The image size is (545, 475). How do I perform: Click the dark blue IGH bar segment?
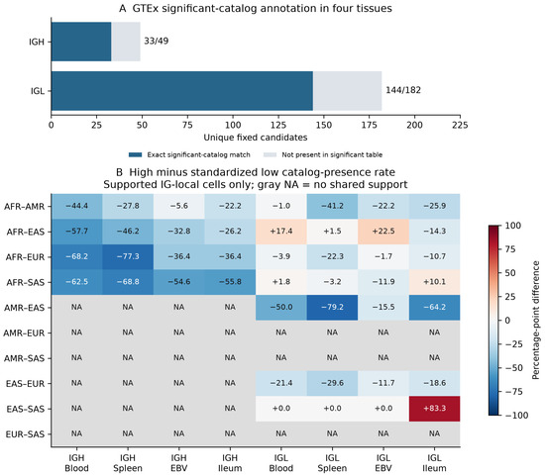(81, 42)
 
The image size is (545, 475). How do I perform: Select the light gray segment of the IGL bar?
(347, 91)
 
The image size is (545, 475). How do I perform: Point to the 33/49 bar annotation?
(156, 41)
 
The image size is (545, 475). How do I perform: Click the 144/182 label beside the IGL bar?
(403, 90)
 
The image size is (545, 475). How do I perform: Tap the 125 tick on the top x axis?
(278, 125)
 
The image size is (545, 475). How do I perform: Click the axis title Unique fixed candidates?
(256, 138)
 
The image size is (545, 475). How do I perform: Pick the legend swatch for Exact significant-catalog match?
(135, 154)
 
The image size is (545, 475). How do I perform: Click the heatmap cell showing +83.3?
(434, 409)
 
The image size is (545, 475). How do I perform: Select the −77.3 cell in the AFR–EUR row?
(128, 257)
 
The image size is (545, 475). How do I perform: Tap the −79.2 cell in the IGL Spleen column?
(332, 308)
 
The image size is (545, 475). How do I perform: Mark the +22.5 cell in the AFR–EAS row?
(383, 232)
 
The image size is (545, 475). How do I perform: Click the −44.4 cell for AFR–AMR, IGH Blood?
(77, 206)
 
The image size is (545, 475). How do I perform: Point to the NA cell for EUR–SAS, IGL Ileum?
(434, 434)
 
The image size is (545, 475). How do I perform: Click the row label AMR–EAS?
(25, 308)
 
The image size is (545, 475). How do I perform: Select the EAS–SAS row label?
(26, 410)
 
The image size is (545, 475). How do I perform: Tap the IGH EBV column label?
(179, 463)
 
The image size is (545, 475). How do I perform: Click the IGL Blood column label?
(281, 463)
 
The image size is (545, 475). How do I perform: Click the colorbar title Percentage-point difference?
(536, 321)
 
